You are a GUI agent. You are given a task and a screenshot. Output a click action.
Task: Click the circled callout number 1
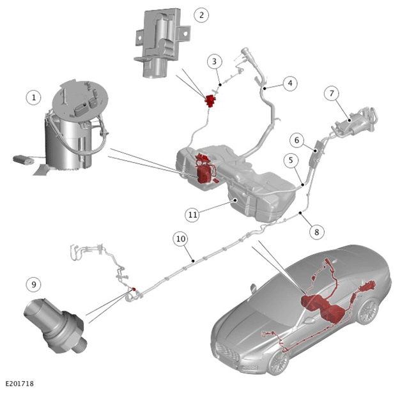coord(34,98)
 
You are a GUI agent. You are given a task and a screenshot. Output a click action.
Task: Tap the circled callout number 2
coord(201,15)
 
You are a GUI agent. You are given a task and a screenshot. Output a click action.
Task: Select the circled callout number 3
coord(214,61)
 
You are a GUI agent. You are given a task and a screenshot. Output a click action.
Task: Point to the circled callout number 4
coord(290,83)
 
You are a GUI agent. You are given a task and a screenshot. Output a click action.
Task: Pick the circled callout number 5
coord(291,160)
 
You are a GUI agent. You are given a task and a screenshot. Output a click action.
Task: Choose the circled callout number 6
coord(296,140)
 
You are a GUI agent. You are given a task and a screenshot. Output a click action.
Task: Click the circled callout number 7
coord(332,93)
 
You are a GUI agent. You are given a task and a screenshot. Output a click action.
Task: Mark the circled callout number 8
coord(317,232)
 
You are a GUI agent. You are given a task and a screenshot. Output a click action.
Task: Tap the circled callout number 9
coord(34,284)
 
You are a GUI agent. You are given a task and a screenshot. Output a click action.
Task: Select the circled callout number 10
coord(180,239)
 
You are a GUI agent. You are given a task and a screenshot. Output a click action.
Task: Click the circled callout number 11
coord(192,215)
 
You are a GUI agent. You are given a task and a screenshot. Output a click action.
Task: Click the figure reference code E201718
coord(20,384)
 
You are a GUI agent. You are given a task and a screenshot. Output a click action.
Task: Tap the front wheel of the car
coord(279,362)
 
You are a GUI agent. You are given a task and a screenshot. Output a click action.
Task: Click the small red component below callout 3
coord(210,100)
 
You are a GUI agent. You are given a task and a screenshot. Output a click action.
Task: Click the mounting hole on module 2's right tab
coord(185,33)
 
